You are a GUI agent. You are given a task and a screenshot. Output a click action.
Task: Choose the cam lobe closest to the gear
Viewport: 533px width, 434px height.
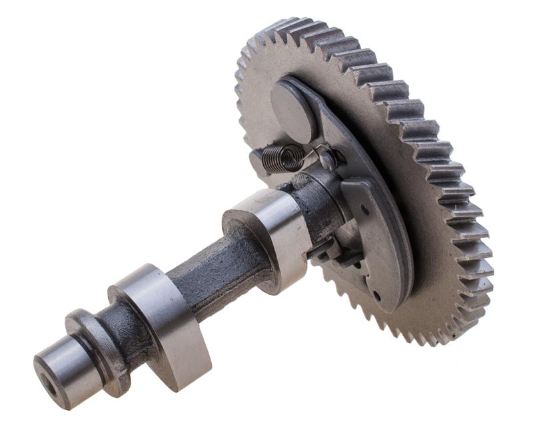click(x=273, y=233)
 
